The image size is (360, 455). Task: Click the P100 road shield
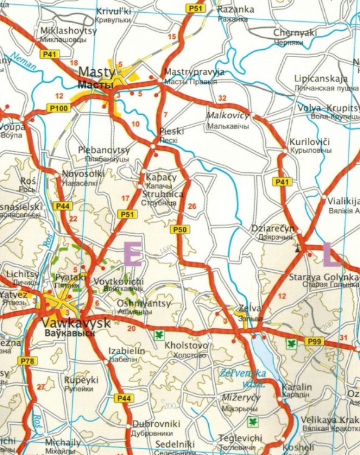click(59, 108)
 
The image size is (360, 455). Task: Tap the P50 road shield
click(179, 229)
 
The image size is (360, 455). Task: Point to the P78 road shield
click(27, 362)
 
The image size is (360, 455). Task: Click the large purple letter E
click(133, 254)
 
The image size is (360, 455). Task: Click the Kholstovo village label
click(186, 345)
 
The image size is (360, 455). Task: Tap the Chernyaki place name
click(295, 33)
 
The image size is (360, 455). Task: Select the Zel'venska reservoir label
click(242, 376)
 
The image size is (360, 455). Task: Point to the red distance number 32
click(222, 98)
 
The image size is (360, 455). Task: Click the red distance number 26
click(193, 207)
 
